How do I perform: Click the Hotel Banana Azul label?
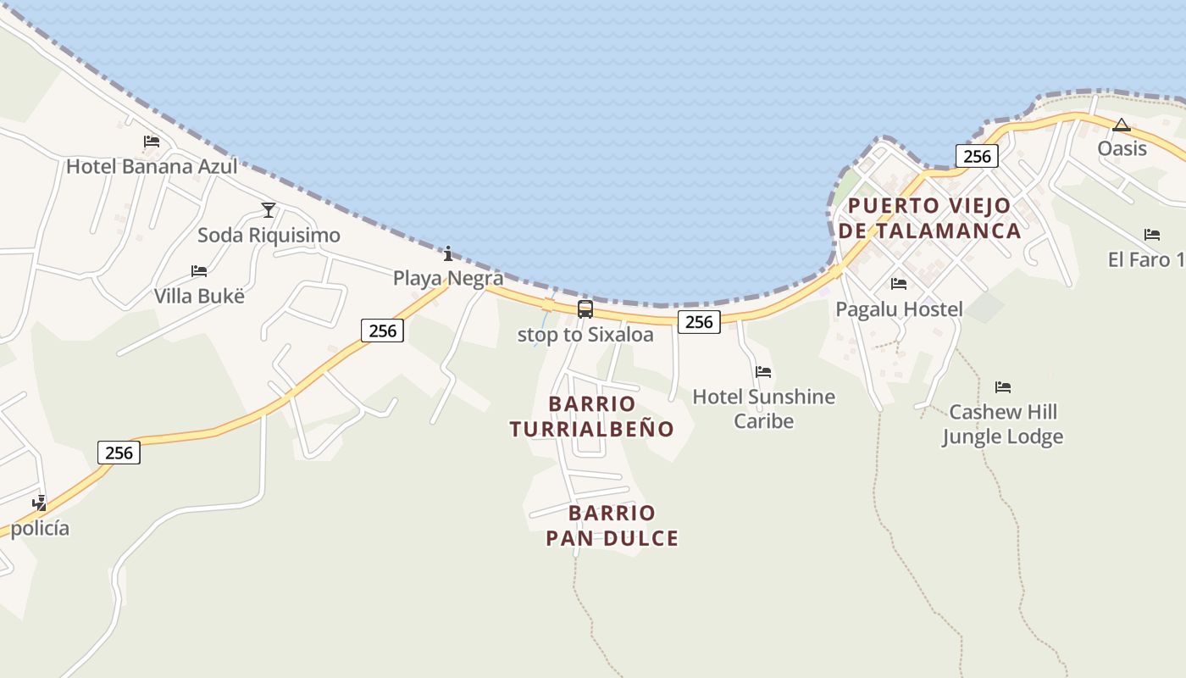[152, 166]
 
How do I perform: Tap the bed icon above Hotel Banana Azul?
[152, 141]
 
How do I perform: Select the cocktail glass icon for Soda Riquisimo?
[269, 209]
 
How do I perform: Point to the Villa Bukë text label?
[199, 296]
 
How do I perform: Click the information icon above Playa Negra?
[448, 253]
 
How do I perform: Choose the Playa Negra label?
[448, 278]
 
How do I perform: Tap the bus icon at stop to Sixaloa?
[585, 309]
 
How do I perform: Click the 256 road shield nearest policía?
[119, 453]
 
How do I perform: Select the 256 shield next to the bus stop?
[699, 321]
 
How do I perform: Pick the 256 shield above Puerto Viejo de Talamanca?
[977, 156]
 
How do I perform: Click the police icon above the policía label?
[39, 503]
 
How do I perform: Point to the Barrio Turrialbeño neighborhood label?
[591, 416]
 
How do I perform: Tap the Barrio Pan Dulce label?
[612, 525]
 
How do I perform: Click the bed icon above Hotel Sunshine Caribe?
[763, 371]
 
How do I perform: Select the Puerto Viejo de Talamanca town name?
[928, 218]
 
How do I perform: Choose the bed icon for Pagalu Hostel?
[899, 284]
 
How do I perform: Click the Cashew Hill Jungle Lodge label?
[1003, 425]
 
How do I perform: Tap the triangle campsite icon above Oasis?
[1122, 125]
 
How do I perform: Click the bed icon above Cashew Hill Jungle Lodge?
[1003, 387]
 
